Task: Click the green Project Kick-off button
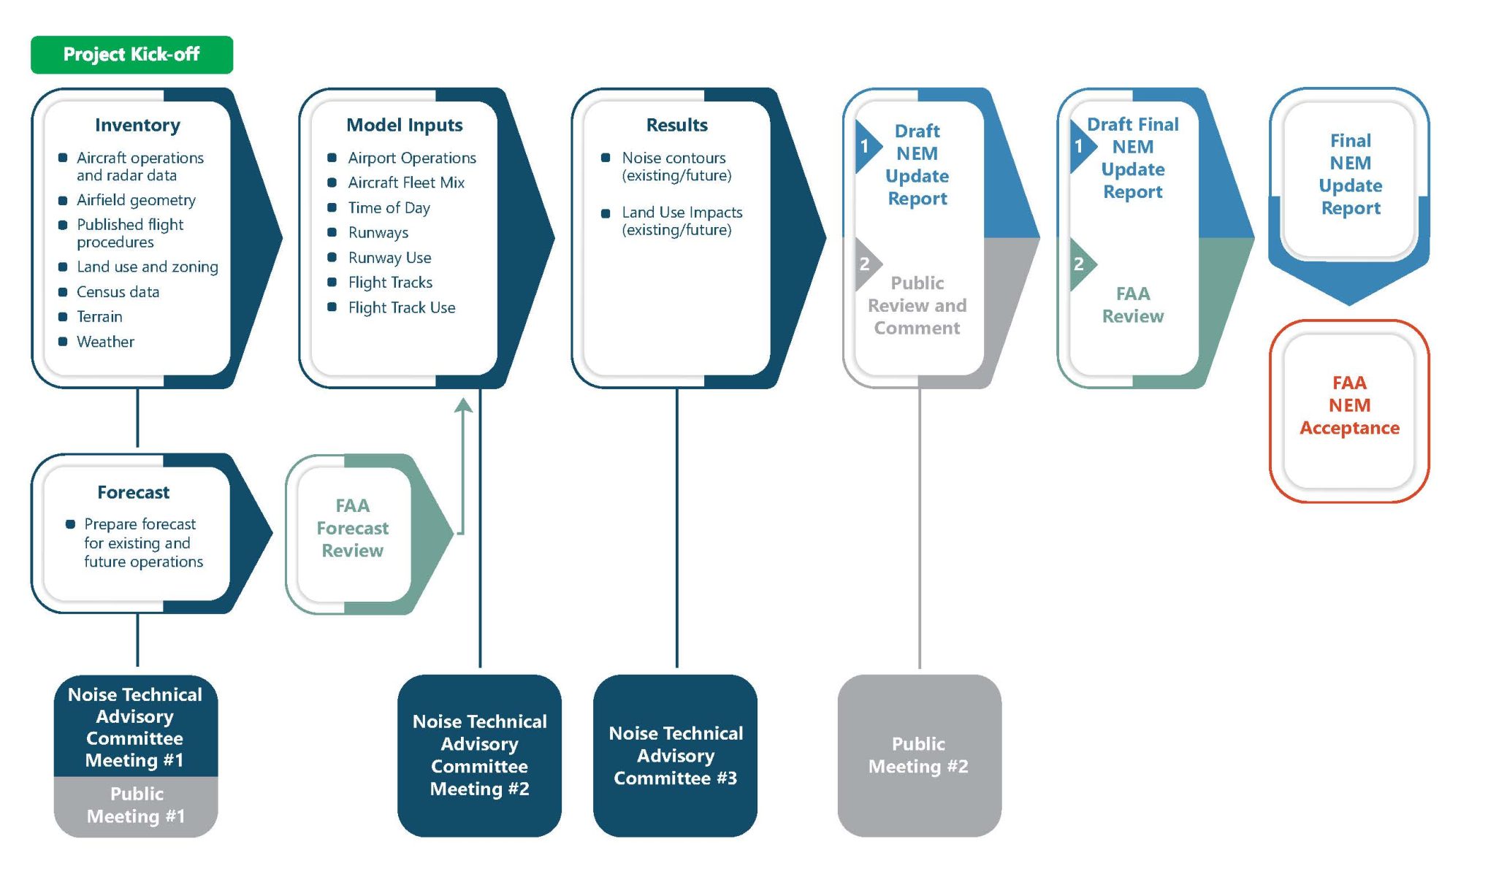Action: [x=131, y=55]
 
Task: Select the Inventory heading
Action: [x=137, y=126]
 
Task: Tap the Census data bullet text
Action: [x=118, y=292]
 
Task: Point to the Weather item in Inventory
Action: [x=105, y=342]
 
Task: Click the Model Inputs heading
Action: [x=404, y=126]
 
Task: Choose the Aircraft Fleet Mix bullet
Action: [x=406, y=183]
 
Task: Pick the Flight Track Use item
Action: [x=401, y=308]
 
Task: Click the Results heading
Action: [x=676, y=126]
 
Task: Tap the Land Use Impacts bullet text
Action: [x=682, y=221]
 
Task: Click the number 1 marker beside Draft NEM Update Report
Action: [x=864, y=147]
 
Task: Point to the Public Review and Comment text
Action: [x=917, y=305]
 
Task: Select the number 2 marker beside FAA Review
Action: [x=1079, y=264]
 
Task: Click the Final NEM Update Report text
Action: [x=1350, y=175]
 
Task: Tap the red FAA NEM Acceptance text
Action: [x=1349, y=405]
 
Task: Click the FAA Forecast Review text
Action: [x=352, y=528]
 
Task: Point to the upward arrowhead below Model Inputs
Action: [x=463, y=405]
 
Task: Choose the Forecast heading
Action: [x=133, y=493]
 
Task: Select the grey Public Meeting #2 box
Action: [x=919, y=755]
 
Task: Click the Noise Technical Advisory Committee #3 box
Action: [x=675, y=755]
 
